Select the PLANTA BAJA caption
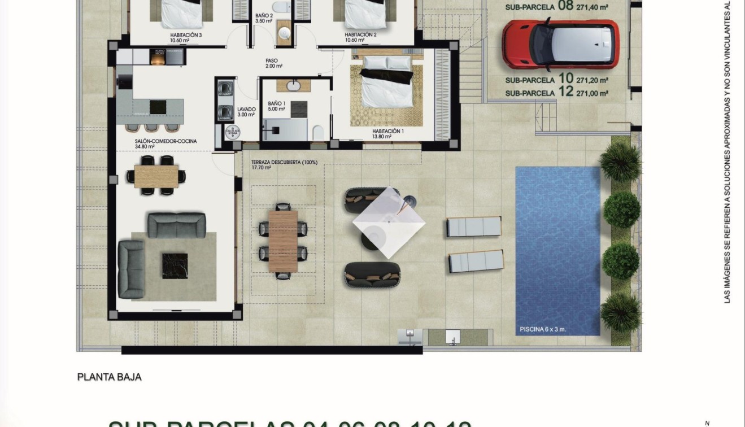109,377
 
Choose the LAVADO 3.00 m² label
246,112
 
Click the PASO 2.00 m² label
272,63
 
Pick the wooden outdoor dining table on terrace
283,241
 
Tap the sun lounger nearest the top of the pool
474,227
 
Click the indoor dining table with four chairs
156,176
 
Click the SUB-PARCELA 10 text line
556,79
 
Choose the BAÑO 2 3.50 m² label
264,18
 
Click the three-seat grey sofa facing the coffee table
176,225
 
